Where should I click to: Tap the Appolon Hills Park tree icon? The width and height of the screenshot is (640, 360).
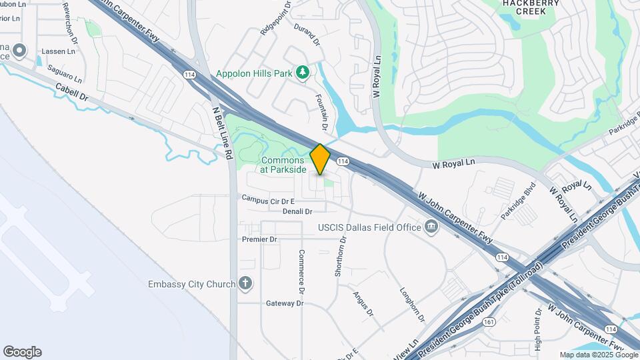click(303, 71)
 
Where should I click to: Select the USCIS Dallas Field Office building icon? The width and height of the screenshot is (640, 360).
click(432, 227)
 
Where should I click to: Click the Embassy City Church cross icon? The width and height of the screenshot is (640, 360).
click(245, 284)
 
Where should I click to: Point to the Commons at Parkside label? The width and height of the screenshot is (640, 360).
click(283, 165)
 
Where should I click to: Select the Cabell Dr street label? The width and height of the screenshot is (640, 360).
click(72, 92)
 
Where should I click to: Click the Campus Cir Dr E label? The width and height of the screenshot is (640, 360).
click(268, 199)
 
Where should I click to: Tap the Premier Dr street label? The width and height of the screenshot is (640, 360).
click(260, 239)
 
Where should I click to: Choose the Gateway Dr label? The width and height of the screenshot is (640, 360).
click(285, 303)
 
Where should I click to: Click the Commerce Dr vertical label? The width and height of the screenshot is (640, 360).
click(301, 272)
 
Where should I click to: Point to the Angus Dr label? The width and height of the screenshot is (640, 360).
click(364, 303)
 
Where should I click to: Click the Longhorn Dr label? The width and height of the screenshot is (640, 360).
click(411, 301)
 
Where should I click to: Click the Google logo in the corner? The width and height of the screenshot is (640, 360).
click(22, 352)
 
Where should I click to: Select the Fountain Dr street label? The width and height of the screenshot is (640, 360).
click(321, 112)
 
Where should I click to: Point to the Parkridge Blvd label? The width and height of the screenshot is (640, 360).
click(519, 200)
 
